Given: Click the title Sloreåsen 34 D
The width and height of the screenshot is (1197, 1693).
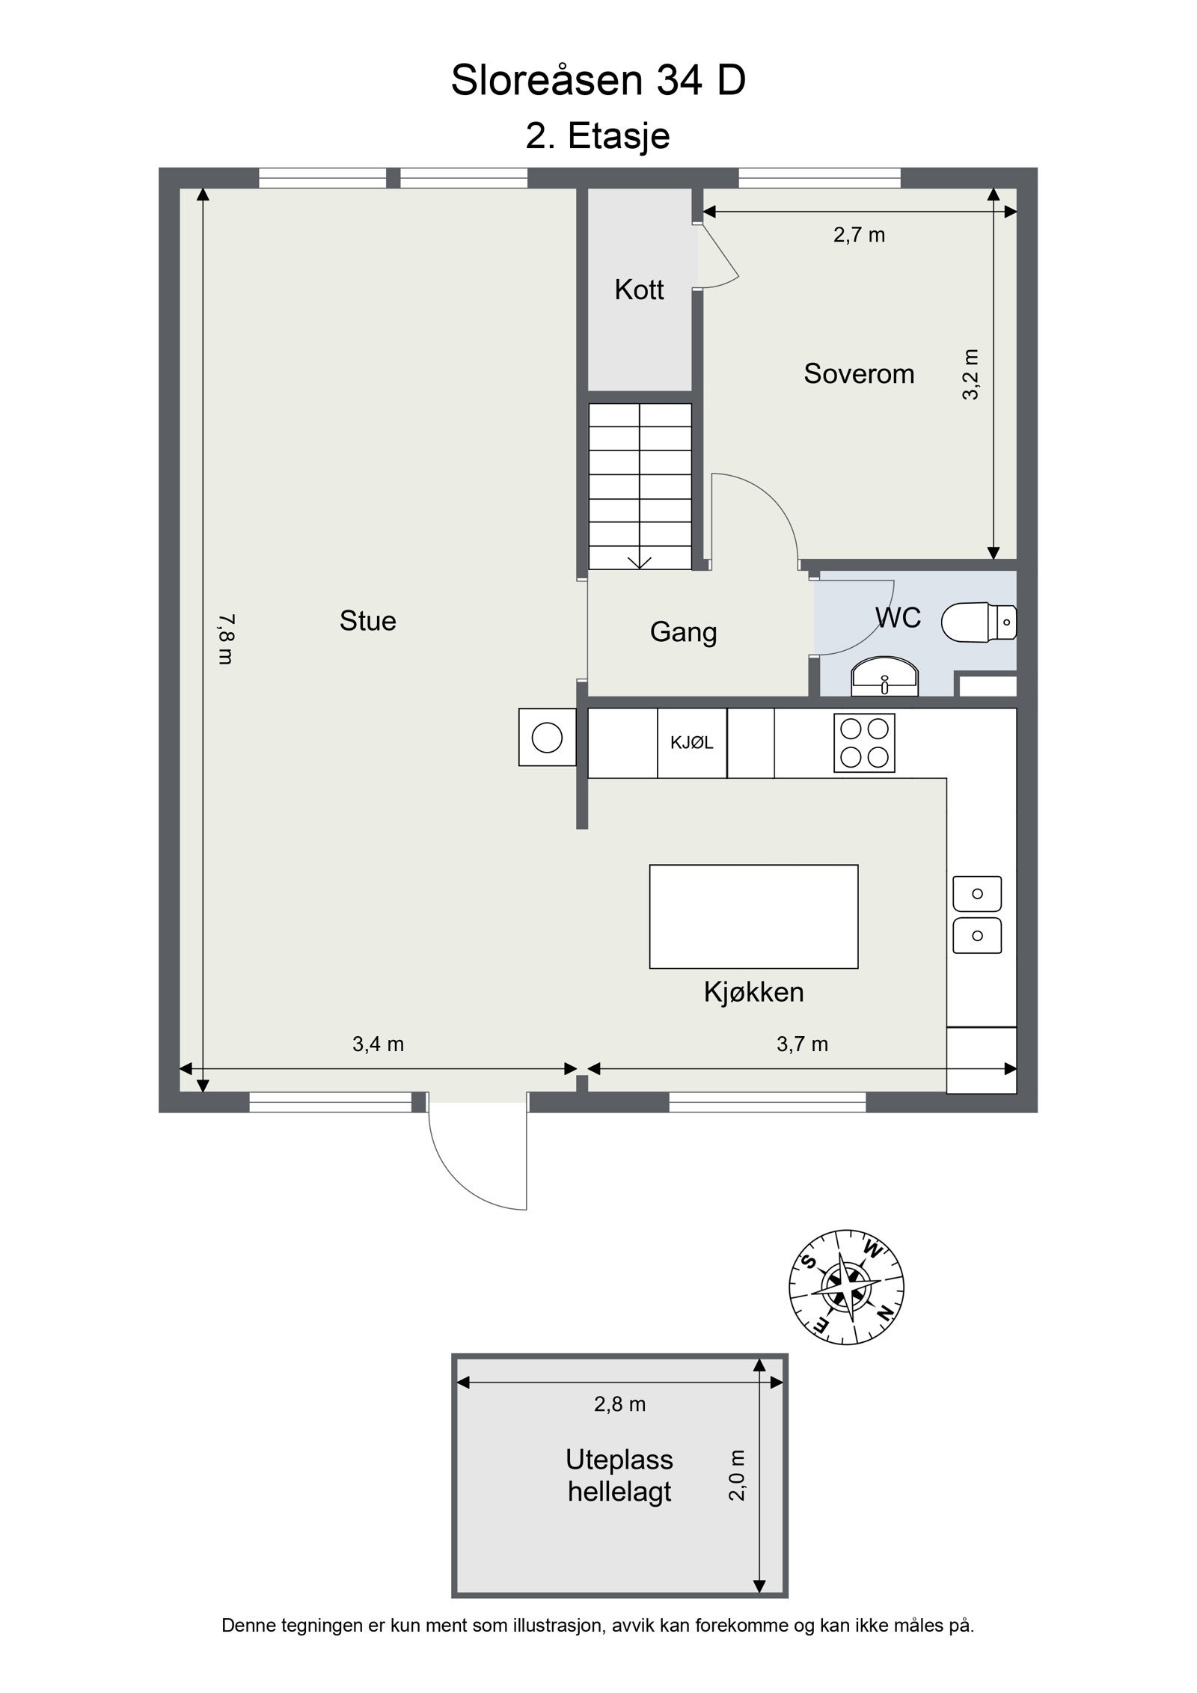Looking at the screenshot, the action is click(598, 80).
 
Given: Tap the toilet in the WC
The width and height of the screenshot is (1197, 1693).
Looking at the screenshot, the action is click(979, 621).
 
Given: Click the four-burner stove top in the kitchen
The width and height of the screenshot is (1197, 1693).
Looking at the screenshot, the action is click(864, 743).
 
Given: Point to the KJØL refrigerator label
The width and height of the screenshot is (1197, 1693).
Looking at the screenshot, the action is click(692, 743).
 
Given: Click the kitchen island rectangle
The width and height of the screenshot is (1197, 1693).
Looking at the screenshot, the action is click(753, 916).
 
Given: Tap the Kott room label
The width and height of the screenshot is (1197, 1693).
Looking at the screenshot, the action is click(639, 290).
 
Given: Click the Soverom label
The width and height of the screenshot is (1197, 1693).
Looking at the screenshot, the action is click(859, 373).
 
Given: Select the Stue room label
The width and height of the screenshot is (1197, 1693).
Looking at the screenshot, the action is click(367, 621).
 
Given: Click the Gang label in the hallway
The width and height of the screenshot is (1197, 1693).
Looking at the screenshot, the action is click(683, 633).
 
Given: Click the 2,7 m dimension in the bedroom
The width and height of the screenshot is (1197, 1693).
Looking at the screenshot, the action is click(859, 236).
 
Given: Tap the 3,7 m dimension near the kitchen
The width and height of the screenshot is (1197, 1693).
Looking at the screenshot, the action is click(802, 1044).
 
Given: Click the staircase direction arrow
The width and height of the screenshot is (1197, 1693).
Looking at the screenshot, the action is click(640, 562).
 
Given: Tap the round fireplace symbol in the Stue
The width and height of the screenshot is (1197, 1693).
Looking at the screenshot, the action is click(547, 738).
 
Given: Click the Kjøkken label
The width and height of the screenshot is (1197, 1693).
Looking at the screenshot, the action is click(753, 993).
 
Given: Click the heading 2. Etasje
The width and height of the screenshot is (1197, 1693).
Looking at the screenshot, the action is click(598, 136).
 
